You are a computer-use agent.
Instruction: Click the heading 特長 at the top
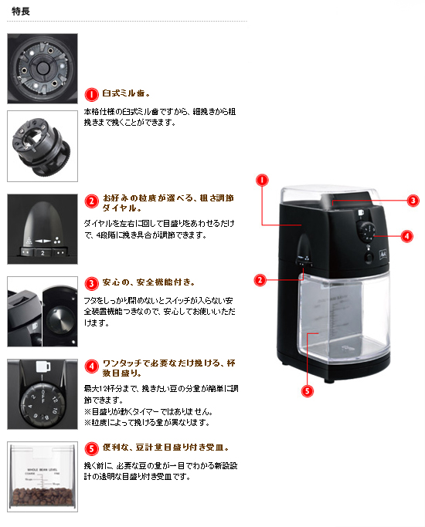coord(22,10)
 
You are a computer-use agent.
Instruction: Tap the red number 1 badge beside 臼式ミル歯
coord(91,94)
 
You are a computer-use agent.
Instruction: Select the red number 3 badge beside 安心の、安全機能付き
coord(91,284)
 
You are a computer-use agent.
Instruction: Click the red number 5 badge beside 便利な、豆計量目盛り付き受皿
coord(91,448)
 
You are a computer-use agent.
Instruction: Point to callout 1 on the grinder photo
coord(262,180)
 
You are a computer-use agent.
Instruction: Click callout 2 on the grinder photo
coord(262,279)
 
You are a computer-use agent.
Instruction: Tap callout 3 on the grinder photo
coord(413,200)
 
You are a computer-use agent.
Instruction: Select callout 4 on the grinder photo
coord(407,235)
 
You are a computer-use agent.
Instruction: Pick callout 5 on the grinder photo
coord(308,391)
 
